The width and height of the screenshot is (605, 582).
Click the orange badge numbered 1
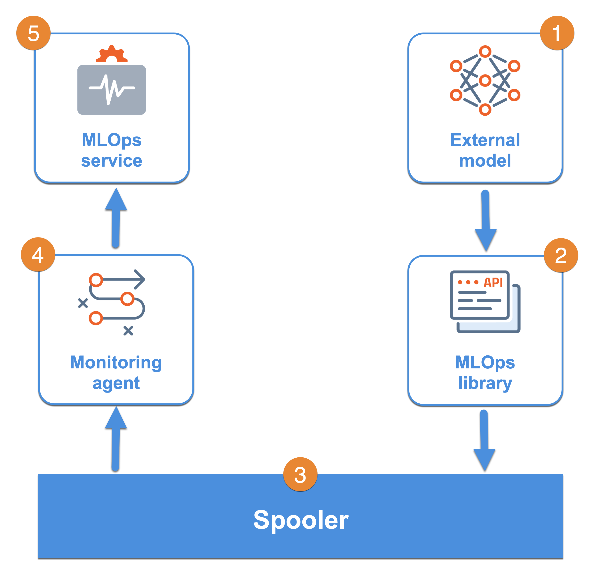click(557, 33)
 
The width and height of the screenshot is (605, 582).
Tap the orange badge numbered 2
click(561, 255)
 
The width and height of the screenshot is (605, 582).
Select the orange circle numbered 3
click(300, 474)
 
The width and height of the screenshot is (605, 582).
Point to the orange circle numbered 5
click(33, 33)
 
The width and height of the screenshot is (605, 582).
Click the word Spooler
click(301, 520)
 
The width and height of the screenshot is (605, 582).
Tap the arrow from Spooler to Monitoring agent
click(116, 438)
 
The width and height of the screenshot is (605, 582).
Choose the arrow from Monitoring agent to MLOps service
click(116, 218)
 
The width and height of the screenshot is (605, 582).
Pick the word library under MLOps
click(485, 383)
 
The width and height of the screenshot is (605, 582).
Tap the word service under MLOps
click(111, 161)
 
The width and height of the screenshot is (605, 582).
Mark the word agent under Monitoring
click(116, 384)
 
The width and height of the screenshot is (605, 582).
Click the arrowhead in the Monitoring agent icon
click(140, 279)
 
